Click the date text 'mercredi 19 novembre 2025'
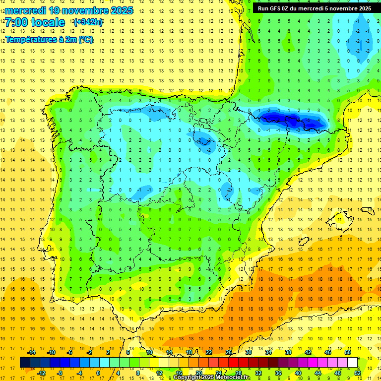point(69,10)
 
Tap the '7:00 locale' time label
point(35,22)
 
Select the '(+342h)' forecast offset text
point(88,22)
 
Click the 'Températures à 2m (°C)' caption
point(49,39)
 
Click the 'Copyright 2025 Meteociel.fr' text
point(212,378)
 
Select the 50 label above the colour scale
point(348,352)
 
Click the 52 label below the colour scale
point(358,373)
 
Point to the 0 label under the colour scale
point(98,373)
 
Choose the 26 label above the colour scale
point(229,352)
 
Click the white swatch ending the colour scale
point(353,363)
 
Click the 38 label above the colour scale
point(288,352)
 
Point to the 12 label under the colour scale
point(160,373)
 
